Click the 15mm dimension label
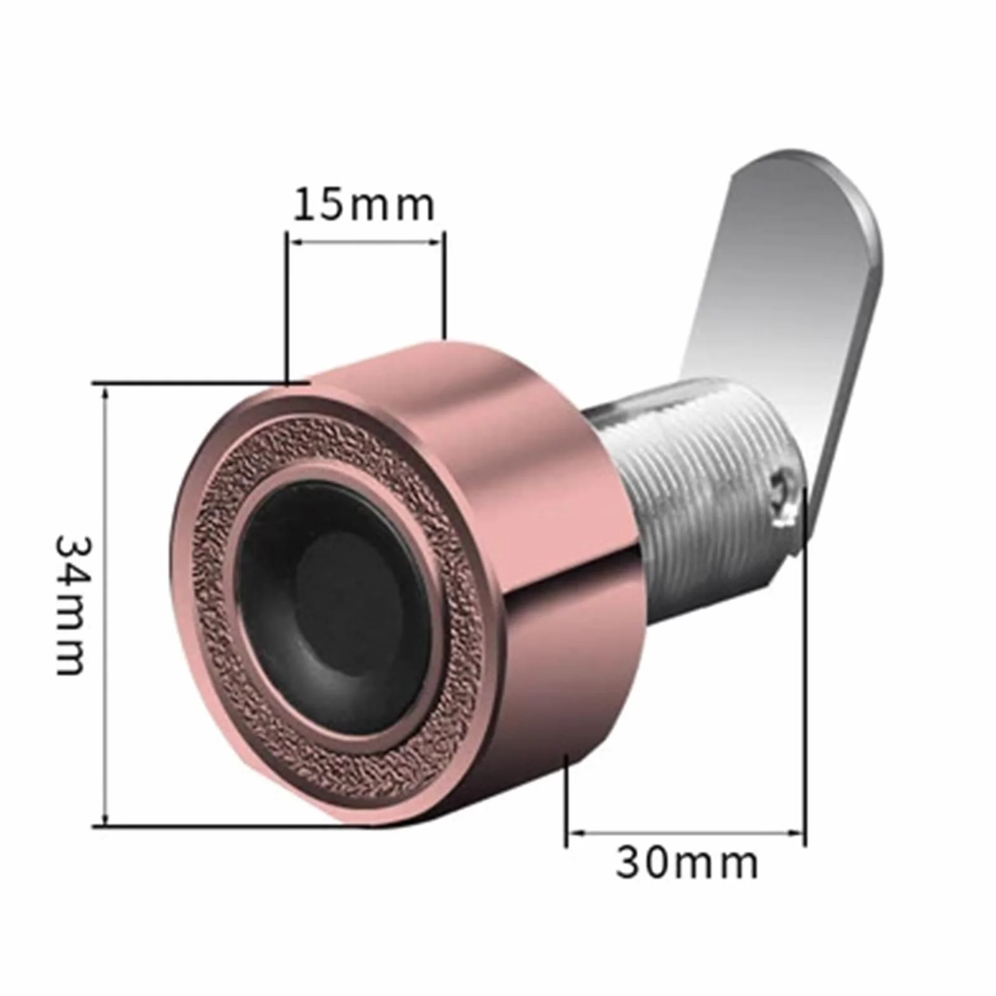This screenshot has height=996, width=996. [x=364, y=205]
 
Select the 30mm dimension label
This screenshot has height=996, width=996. [x=687, y=863]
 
